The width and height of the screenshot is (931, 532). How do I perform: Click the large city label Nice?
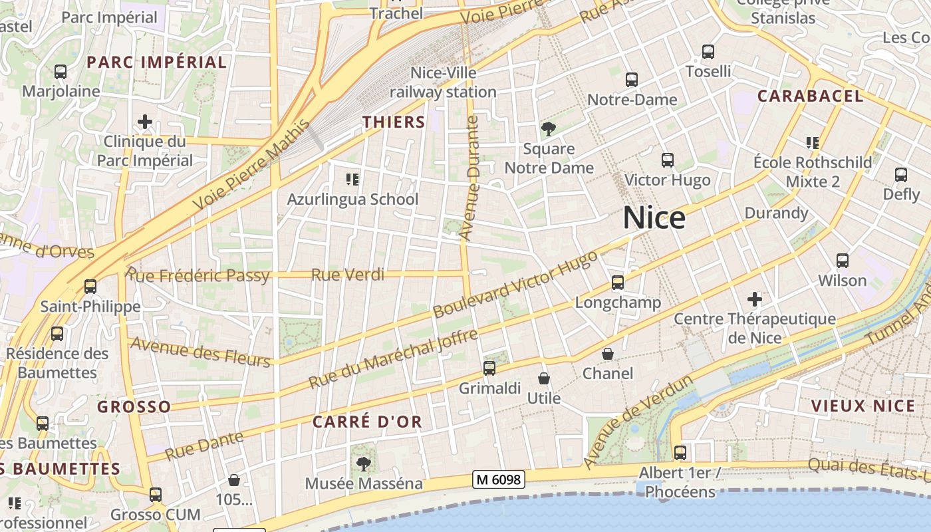tap(654, 218)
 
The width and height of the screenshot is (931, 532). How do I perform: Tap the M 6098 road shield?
tap(499, 479)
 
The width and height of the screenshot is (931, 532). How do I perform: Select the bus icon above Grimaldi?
tap(489, 368)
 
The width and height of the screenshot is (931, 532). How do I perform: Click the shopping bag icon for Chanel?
tap(608, 354)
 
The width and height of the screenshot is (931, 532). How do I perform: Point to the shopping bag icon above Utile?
tap(544, 378)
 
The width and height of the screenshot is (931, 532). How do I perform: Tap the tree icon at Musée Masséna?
tap(363, 464)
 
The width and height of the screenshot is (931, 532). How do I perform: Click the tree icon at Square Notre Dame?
tap(548, 129)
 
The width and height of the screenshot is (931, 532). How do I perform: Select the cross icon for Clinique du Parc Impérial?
tap(145, 122)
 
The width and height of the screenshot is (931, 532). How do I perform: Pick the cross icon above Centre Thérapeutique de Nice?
tap(755, 299)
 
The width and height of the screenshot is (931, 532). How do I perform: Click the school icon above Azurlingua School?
tap(352, 179)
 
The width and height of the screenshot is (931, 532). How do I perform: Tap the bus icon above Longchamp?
tap(618, 283)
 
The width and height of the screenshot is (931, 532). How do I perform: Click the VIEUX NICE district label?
tap(863, 406)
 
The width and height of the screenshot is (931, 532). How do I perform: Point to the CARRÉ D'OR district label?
tap(367, 422)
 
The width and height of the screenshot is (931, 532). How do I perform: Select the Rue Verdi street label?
tap(348, 274)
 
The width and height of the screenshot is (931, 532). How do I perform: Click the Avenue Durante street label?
tap(470, 178)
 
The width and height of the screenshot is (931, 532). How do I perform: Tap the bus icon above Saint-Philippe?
tap(90, 287)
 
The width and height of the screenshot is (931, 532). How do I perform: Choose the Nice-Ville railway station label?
tap(443, 82)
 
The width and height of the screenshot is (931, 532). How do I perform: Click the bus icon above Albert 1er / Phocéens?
tap(680, 453)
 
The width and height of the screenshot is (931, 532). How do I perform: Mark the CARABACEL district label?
tap(810, 96)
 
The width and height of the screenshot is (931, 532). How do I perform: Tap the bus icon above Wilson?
tap(843, 260)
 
